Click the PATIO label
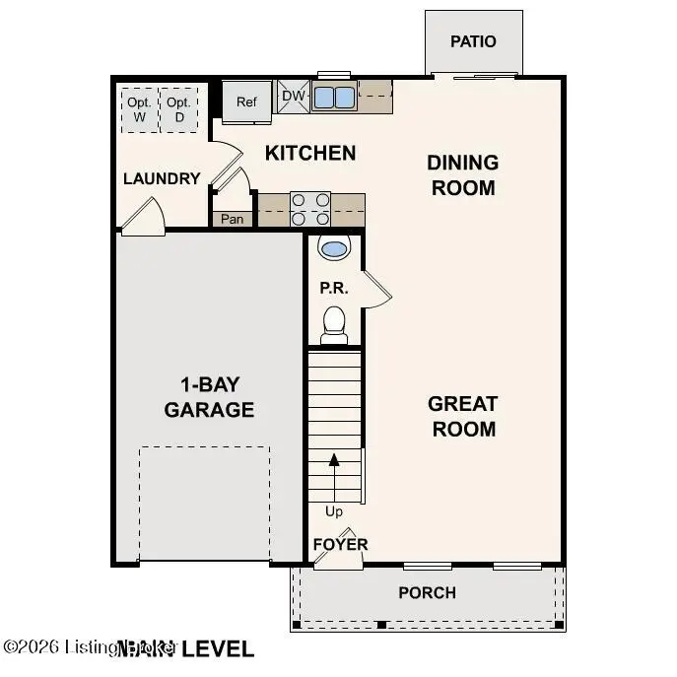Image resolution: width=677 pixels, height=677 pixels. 473,41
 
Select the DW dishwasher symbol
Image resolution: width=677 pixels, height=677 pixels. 294,96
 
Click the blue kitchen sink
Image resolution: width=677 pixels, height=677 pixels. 334,97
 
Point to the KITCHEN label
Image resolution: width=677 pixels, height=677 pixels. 310,153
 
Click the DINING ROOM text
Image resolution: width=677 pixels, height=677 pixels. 462,174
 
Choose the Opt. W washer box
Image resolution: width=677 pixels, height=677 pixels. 139,109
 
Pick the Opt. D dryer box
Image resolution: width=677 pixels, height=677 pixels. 178,109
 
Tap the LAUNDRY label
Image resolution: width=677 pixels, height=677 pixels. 162,178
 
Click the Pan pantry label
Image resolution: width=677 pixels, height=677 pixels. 233,219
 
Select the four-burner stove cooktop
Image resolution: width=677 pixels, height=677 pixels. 310,210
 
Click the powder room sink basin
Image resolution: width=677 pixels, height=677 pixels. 334,248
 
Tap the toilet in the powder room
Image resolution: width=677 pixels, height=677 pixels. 334,323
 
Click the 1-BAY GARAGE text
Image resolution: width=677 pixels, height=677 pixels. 210,398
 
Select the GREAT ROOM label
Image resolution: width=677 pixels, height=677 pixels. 462,416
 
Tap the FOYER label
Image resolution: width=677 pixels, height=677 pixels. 340,544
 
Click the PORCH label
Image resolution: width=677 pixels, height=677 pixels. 427,592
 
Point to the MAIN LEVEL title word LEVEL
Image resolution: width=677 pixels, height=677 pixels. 217,648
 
